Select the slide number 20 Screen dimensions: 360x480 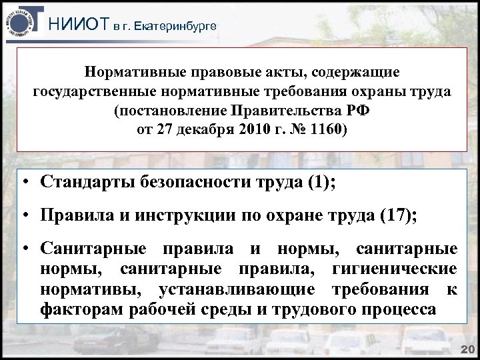point(466,350)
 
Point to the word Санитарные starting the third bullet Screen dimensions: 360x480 point(89,249)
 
